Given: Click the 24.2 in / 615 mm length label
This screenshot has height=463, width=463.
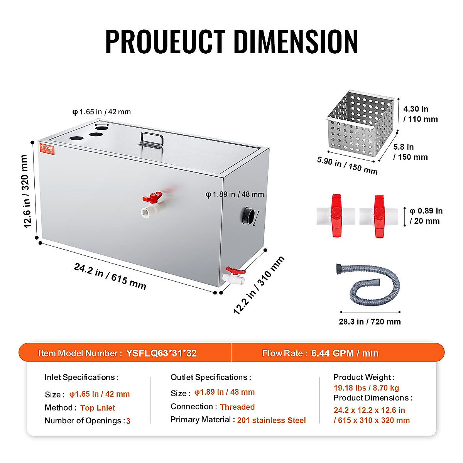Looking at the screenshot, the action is click(x=110, y=276).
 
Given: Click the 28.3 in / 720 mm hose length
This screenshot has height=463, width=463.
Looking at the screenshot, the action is click(x=370, y=322).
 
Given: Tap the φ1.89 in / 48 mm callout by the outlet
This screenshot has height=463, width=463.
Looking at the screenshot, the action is click(x=235, y=194).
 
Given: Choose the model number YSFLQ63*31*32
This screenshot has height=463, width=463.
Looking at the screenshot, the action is click(x=161, y=353).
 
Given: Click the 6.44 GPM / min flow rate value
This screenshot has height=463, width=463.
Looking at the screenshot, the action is click(x=345, y=353).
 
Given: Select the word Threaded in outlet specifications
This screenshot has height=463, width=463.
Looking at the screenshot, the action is click(x=237, y=407).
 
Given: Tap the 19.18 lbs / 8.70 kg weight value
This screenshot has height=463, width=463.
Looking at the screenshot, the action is click(x=366, y=388).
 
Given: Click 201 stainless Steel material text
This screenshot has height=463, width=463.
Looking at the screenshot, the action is click(x=271, y=420).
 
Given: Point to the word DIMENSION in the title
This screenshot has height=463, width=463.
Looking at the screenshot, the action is click(x=296, y=41).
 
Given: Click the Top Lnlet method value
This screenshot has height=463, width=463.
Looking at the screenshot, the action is click(x=98, y=408).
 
